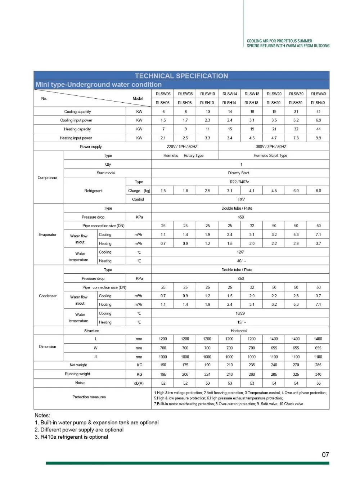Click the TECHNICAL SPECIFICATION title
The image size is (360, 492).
tap(181, 76)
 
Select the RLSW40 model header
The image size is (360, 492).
tap(318, 94)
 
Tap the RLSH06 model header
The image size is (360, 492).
tap(163, 103)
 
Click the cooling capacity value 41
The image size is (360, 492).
tap(318, 112)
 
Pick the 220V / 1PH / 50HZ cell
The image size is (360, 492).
tap(182, 147)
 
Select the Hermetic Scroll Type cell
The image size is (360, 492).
tap(270, 156)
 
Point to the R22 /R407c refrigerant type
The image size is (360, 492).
tap(239, 182)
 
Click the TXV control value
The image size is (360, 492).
tap(241, 199)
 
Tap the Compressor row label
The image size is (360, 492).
tap(48, 178)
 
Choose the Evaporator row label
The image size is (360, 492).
tap(48, 234)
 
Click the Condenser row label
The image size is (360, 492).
tap(48, 296)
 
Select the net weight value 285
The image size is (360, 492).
tap(318, 365)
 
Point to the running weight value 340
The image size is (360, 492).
tap(318, 374)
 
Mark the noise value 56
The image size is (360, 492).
tap(318, 383)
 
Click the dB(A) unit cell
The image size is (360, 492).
tap(139, 383)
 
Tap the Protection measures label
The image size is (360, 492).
tap(89, 397)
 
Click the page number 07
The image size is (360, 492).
tap(325, 455)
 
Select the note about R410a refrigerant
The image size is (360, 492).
tap(71, 437)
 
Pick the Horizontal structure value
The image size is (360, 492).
tap(239, 331)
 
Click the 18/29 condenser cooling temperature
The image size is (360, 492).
tap(240, 313)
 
